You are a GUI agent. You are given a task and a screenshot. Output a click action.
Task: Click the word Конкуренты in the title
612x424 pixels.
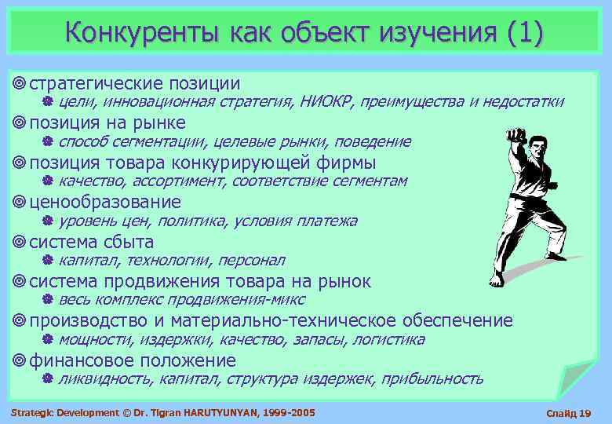[144, 32]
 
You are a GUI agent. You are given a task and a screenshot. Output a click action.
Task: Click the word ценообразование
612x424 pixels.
[105, 202]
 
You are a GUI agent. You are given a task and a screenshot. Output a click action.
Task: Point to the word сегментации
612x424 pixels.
[162, 141]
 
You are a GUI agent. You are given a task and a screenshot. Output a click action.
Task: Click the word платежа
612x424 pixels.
[326, 221]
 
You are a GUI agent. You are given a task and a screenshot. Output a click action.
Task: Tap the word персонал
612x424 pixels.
[252, 260]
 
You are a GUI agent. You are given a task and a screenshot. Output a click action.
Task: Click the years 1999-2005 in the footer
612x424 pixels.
[293, 412]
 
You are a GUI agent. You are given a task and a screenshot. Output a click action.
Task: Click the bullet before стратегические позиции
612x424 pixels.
[20, 83]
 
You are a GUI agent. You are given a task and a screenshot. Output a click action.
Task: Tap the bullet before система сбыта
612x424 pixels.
[20, 242]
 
